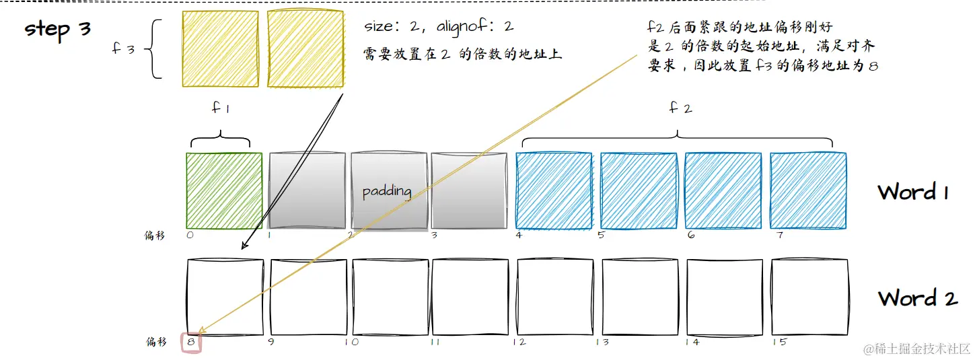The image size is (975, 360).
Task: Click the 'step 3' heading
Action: [58, 29]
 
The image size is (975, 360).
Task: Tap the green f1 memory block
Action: [224, 192]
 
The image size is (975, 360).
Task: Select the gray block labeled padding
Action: [388, 192]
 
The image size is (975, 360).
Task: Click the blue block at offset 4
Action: [554, 192]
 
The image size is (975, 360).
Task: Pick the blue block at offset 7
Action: [807, 192]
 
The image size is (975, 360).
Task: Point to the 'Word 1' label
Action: [913, 192]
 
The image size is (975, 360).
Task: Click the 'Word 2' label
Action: [917, 298]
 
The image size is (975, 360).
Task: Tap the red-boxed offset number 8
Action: [191, 343]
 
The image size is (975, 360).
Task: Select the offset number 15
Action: [779, 343]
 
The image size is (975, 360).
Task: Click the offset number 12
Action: [519, 343]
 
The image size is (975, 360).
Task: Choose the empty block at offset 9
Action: [308, 297]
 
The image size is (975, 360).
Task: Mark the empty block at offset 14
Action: [725, 297]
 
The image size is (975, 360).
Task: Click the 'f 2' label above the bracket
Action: [680, 108]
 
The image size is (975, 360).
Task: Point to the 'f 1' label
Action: [220, 108]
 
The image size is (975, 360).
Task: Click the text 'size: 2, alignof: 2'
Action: [439, 27]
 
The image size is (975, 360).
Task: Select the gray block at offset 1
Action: [307, 192]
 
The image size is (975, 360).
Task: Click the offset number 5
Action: [602, 236]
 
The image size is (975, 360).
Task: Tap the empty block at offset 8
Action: [224, 297]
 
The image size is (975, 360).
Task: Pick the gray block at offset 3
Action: [469, 192]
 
